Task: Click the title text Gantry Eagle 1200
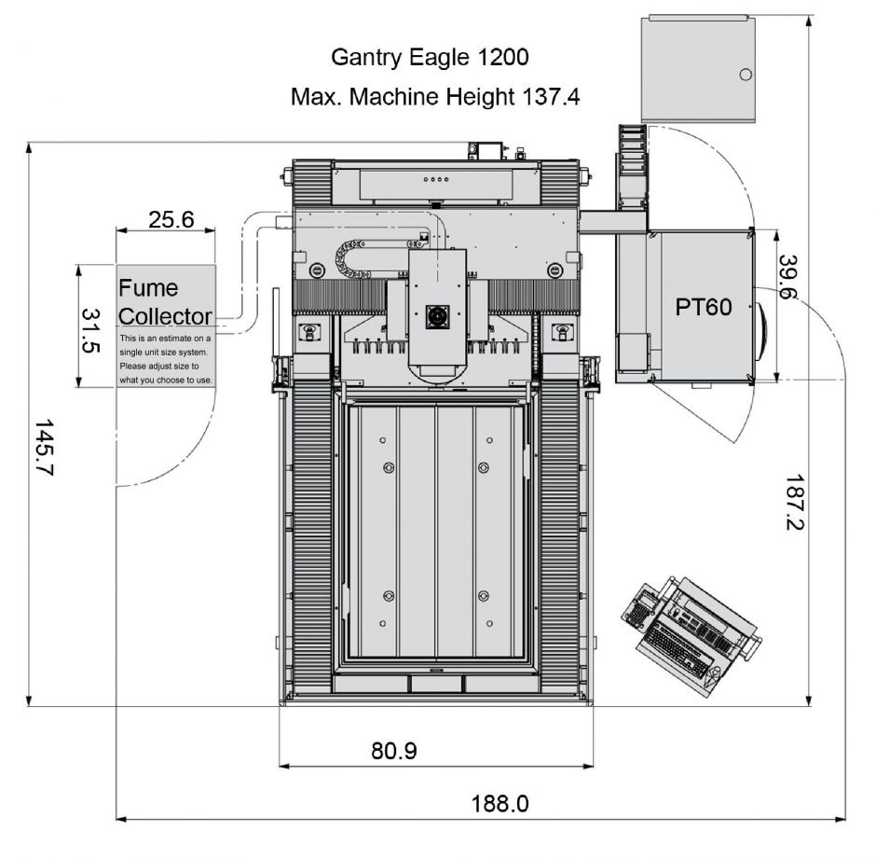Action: [430, 57]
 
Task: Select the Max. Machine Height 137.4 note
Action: [435, 97]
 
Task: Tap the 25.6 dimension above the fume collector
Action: [171, 219]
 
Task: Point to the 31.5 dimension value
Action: [90, 330]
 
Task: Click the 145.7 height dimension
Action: [44, 448]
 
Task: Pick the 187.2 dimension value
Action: [794, 502]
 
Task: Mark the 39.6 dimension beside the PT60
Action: [787, 277]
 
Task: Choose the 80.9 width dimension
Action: [394, 751]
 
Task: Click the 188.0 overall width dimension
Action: [500, 804]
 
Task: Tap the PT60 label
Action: [704, 307]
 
